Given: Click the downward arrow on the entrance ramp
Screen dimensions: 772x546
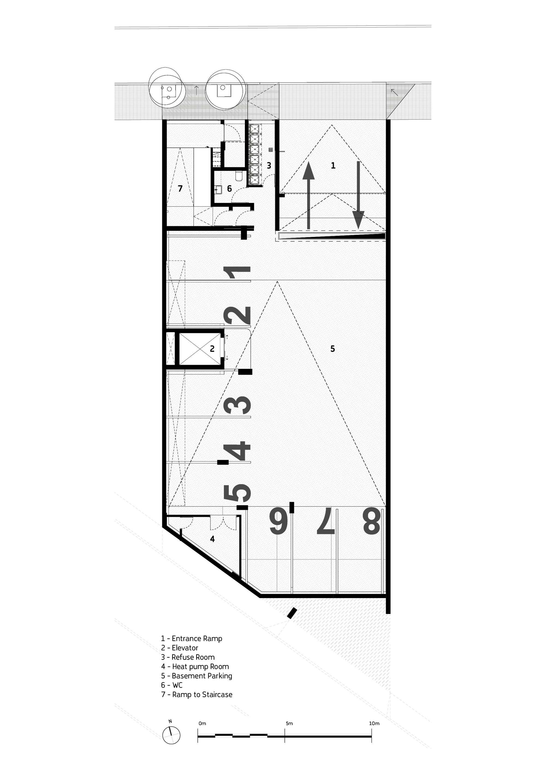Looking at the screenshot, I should (x=358, y=195).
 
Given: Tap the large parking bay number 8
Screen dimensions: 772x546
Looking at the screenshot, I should (x=372, y=521).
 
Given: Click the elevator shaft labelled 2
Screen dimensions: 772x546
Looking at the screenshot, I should (x=200, y=349).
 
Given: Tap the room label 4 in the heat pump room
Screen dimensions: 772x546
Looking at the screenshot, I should (x=212, y=539).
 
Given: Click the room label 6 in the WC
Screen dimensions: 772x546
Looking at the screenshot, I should (x=229, y=189).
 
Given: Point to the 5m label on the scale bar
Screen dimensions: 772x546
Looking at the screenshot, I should (x=289, y=723).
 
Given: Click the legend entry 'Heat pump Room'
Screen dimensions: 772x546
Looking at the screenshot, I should (x=195, y=666).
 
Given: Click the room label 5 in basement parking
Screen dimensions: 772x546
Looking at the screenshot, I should (x=333, y=349).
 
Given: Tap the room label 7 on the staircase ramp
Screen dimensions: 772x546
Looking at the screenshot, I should (x=180, y=189).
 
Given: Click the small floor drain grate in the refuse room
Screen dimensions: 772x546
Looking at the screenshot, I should (x=271, y=150).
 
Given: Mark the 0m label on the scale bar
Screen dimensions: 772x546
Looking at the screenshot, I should (x=202, y=723).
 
